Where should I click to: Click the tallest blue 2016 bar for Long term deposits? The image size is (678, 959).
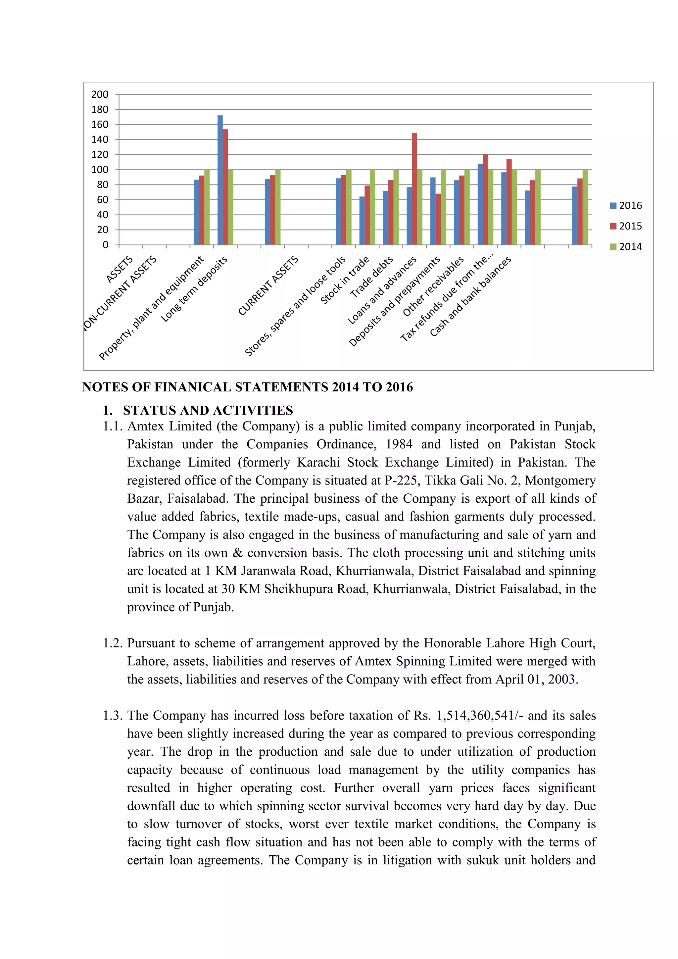coord(220,179)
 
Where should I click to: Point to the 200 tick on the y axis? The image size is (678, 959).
coord(100,94)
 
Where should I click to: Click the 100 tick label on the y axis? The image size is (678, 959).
coord(100,170)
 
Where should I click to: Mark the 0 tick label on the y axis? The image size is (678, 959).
coord(105,245)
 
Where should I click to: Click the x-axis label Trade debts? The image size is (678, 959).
coord(371,277)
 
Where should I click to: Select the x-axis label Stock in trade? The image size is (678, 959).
coord(345,280)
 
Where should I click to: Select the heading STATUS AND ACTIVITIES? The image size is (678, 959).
coord(208,410)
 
